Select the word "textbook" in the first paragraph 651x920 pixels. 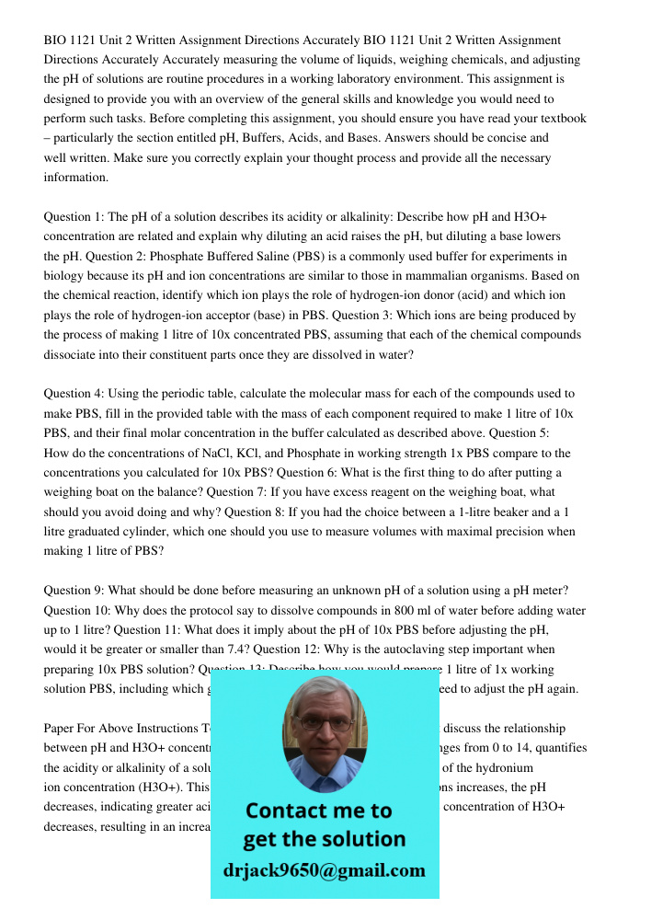(x=561, y=119)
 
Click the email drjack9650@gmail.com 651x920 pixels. (x=324, y=870)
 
